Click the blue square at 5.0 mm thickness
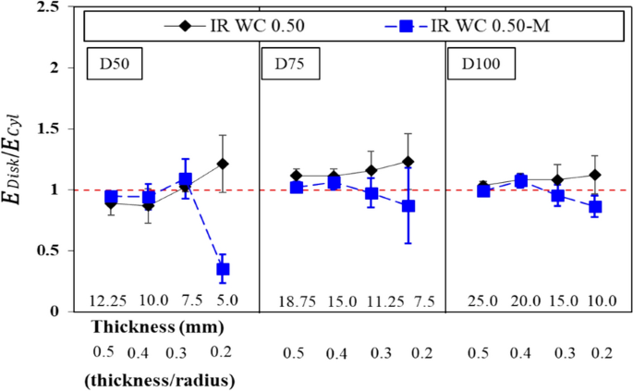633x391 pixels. tap(223, 269)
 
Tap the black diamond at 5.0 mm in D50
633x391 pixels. tap(223, 164)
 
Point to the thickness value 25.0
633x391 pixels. tap(481, 301)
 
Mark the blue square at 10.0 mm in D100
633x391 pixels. tap(595, 207)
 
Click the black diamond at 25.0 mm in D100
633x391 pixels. tap(481, 188)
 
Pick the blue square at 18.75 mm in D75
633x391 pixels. tap(297, 188)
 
